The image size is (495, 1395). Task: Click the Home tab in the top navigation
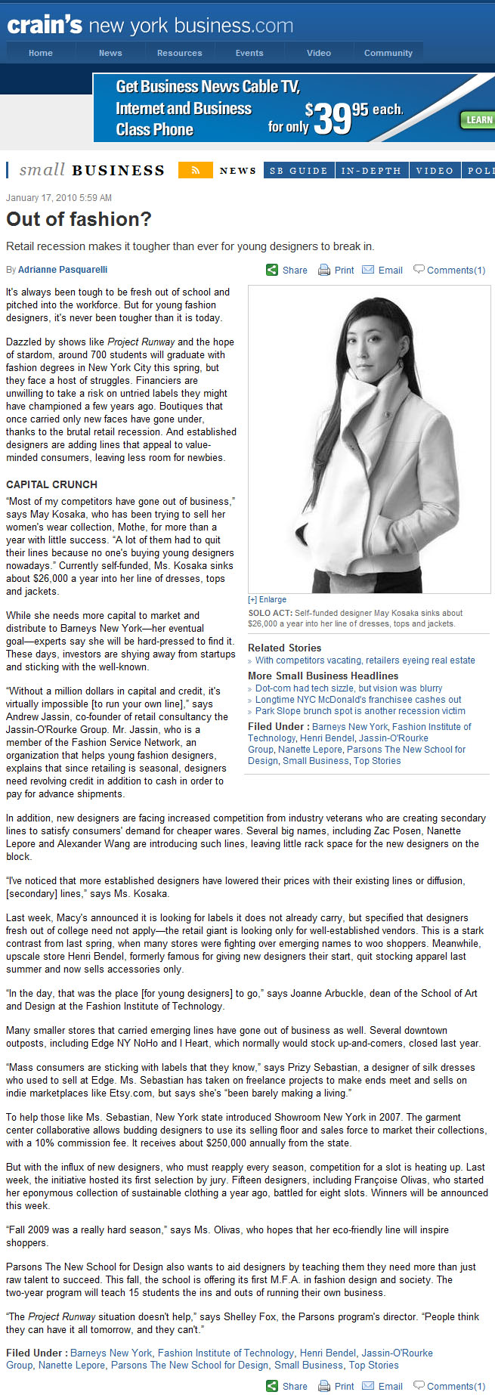[41, 53]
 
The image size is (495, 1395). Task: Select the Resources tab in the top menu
[179, 53]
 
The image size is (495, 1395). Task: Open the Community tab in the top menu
[388, 53]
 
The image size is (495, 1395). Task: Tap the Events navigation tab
[249, 53]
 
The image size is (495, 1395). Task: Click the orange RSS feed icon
[195, 170]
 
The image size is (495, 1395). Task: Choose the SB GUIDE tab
[299, 171]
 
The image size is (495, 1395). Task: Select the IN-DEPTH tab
[371, 171]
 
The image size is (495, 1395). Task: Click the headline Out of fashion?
[79, 219]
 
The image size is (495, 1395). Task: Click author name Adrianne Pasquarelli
[62, 270]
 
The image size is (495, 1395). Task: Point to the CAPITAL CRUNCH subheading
[51, 484]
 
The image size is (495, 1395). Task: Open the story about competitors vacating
[365, 660]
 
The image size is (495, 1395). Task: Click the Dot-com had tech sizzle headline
[348, 688]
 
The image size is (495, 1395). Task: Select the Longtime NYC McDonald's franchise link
[358, 700]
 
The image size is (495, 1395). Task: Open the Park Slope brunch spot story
[360, 711]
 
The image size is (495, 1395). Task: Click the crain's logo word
[44, 26]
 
